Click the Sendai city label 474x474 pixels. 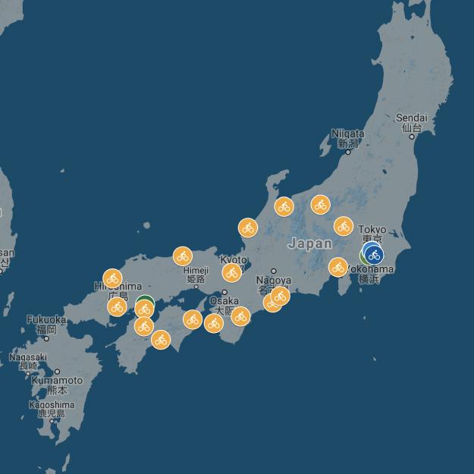click(412, 118)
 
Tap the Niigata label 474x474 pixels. click(347, 134)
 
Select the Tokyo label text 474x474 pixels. click(372, 230)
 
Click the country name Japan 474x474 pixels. click(309, 243)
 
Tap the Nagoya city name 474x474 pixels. click(273, 281)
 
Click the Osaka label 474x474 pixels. click(224, 301)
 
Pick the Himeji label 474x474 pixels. click(195, 270)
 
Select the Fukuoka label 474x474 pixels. click(46, 320)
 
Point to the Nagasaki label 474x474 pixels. click(28, 357)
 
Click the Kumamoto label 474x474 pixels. click(56, 381)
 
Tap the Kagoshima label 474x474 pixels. click(52, 405)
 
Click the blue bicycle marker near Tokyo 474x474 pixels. click(373, 255)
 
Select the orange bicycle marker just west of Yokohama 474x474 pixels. click(338, 267)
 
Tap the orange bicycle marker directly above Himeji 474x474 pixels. click(182, 256)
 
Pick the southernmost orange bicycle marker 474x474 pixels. click(161, 340)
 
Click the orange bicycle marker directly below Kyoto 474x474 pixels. click(232, 273)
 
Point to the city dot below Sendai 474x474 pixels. click(413, 137)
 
